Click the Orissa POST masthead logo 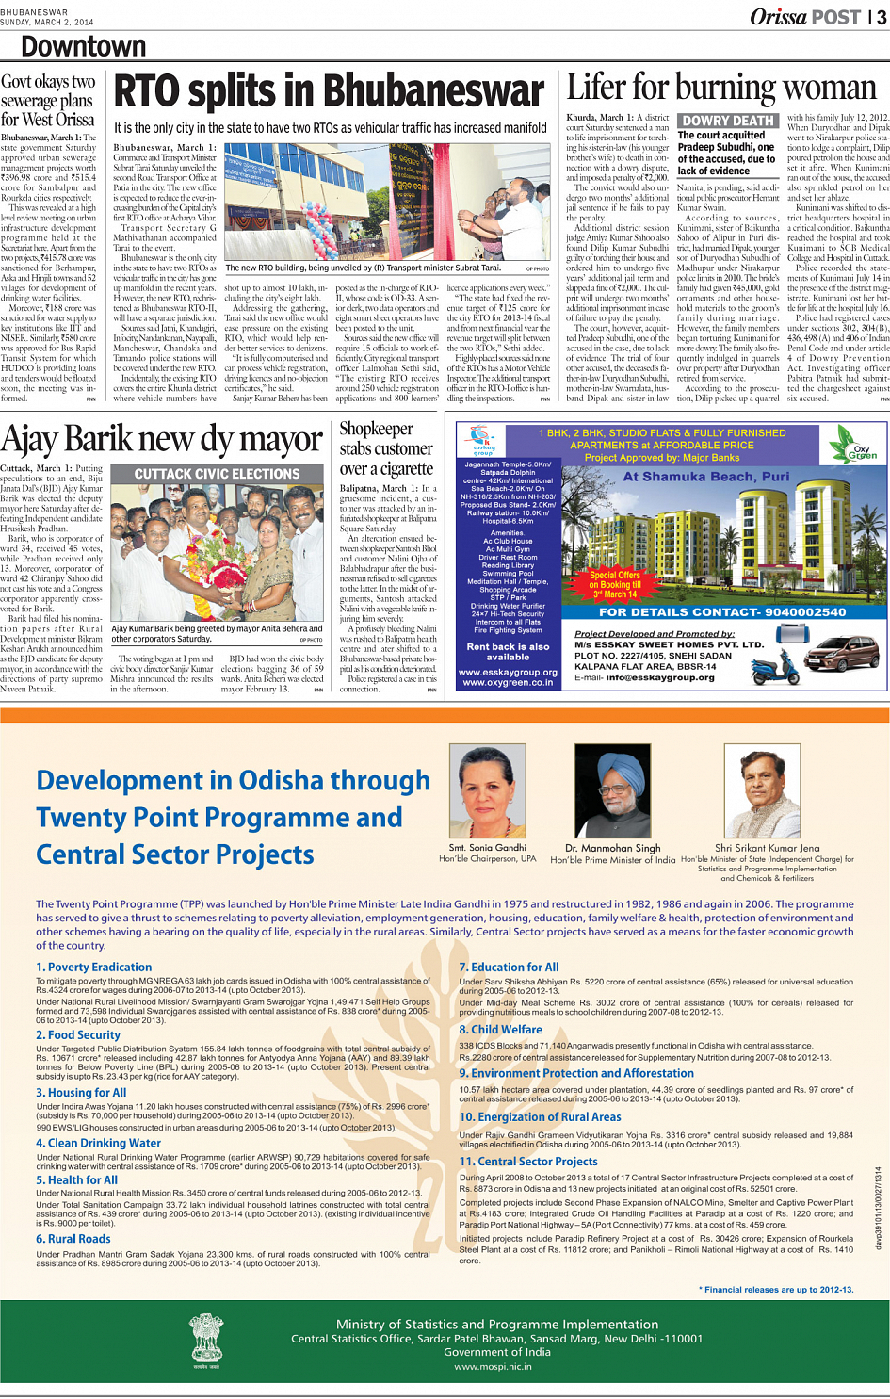coord(805,17)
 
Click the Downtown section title coord(83,47)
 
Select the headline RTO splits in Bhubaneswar coord(329,92)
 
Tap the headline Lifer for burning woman coord(720,89)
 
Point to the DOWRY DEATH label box coord(727,121)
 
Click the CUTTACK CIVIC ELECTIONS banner coord(217,474)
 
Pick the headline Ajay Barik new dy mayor coord(162,440)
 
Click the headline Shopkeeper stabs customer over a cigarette coord(386,448)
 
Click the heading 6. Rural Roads coord(73,1239)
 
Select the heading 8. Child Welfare coord(500,1030)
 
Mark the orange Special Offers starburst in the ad coord(615,584)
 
